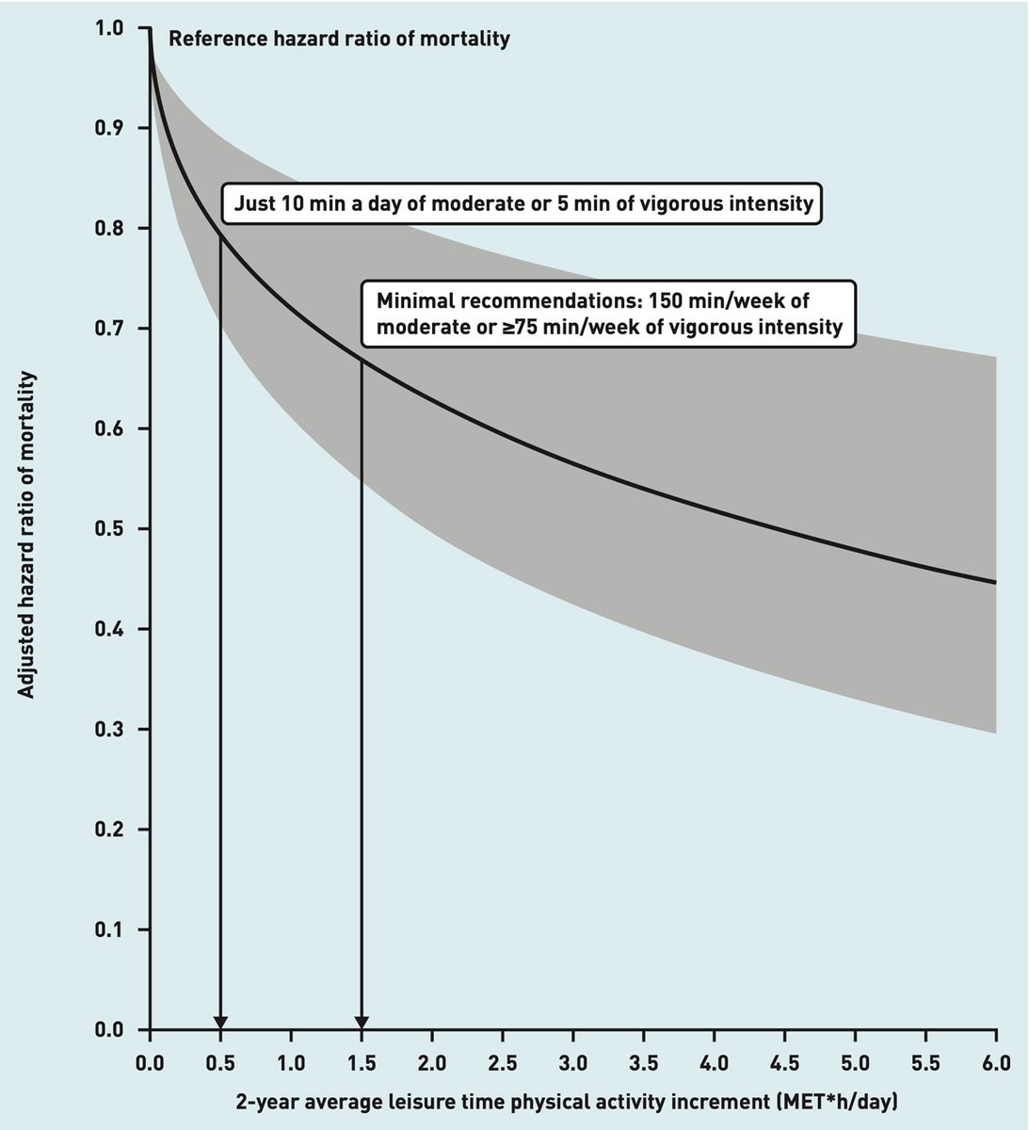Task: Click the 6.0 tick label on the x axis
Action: coord(996,1064)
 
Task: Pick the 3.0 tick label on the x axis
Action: coord(573,1064)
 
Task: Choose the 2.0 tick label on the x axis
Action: coord(432,1064)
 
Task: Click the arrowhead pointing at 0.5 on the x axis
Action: coord(220,1023)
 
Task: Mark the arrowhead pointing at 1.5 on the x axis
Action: coord(362,1023)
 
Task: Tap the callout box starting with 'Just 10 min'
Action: coord(521,202)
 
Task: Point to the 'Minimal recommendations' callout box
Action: coord(610,315)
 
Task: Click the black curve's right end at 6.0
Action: coord(995,582)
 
